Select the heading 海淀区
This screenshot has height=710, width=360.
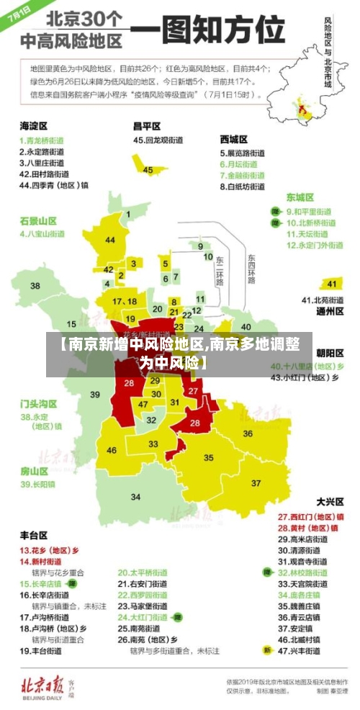(33, 126)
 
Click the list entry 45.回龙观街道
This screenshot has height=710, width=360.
(158, 140)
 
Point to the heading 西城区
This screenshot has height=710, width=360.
(234, 138)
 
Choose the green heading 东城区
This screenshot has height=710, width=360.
(300, 197)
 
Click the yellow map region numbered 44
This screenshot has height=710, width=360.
(109, 240)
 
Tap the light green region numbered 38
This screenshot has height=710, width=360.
(35, 286)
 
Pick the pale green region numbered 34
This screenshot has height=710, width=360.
(135, 496)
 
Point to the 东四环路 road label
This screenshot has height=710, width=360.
(251, 269)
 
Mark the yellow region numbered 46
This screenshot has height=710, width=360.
(112, 451)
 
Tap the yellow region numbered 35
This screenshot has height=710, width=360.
(209, 457)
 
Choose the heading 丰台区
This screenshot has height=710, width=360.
(33, 535)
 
